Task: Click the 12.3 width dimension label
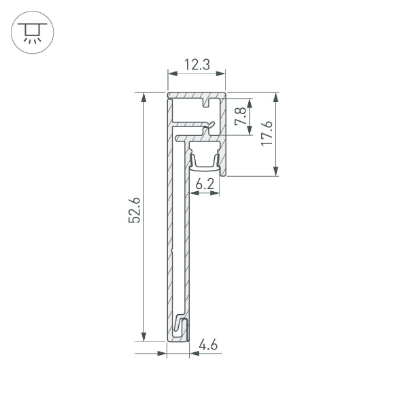[196, 65]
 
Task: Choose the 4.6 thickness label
[208, 345]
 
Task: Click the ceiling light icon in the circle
[29, 30]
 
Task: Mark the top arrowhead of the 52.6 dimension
[143, 98]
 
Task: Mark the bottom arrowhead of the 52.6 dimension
[143, 337]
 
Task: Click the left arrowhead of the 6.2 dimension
[193, 194]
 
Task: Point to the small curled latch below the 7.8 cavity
[209, 124]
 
